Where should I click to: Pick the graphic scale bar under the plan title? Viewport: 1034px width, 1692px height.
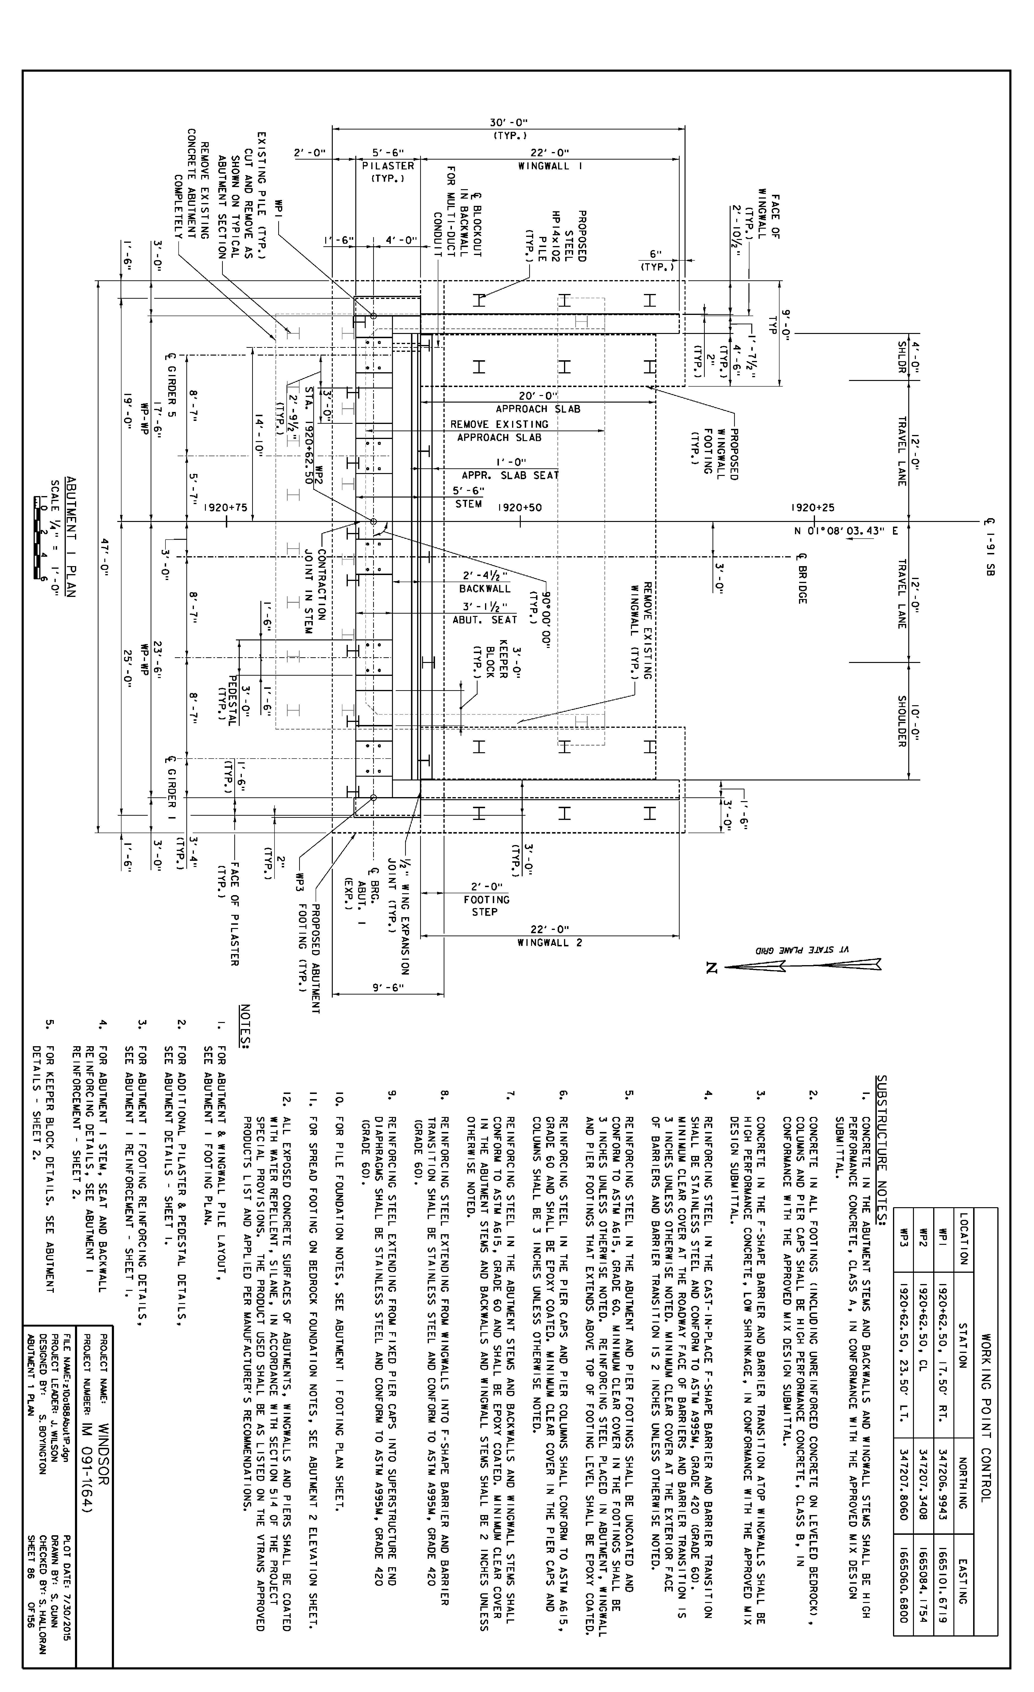(x=38, y=537)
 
